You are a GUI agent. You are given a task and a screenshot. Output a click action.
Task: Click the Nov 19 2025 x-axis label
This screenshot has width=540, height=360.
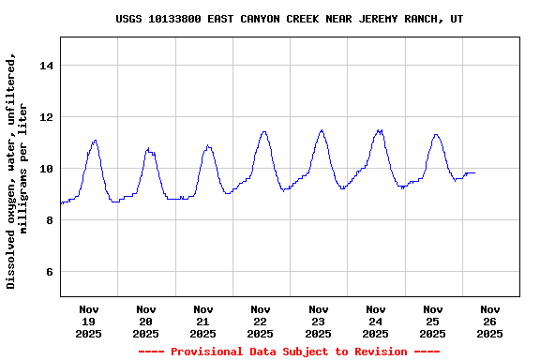point(89,321)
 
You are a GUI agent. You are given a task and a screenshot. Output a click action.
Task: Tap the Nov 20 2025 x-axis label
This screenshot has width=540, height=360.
point(146,321)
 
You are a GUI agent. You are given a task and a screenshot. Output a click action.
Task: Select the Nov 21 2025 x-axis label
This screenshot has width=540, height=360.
point(203,321)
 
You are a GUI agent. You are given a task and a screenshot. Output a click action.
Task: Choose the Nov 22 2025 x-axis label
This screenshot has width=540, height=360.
point(261,321)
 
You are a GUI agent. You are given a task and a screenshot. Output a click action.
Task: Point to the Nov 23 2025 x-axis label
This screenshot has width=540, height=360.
point(318,321)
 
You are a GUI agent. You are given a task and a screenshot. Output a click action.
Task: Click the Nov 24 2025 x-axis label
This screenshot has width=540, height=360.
point(375,321)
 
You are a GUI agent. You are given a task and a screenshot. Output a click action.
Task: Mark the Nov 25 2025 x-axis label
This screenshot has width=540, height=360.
point(432,321)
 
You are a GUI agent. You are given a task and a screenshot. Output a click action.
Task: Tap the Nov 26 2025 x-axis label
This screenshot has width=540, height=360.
point(489,321)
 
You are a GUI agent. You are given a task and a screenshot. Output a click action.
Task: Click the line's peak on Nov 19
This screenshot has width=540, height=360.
point(95,141)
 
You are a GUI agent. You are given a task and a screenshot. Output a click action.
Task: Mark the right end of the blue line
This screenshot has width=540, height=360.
point(475,172)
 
